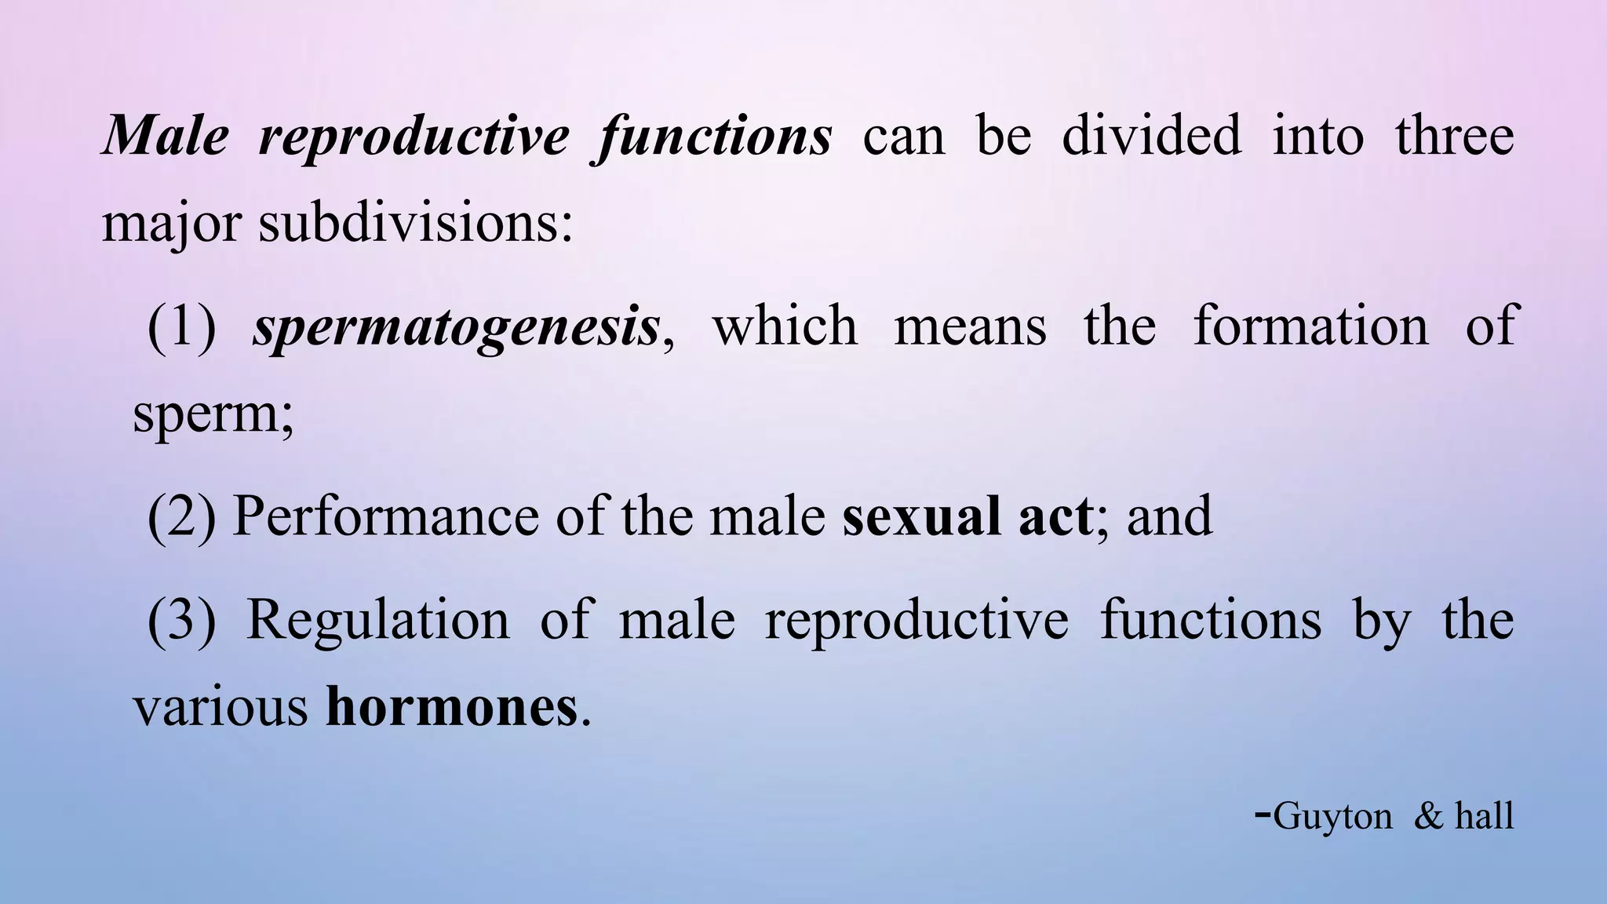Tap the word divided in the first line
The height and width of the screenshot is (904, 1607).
1151,135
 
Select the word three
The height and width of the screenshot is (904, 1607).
1454,135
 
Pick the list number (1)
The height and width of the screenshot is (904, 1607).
181,326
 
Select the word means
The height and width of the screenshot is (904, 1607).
970,326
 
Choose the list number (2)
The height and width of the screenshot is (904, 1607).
181,517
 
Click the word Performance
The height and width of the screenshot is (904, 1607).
385,517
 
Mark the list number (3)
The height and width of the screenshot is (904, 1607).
181,621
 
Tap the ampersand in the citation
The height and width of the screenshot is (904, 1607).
1428,816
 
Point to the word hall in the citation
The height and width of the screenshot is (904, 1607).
1484,816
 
